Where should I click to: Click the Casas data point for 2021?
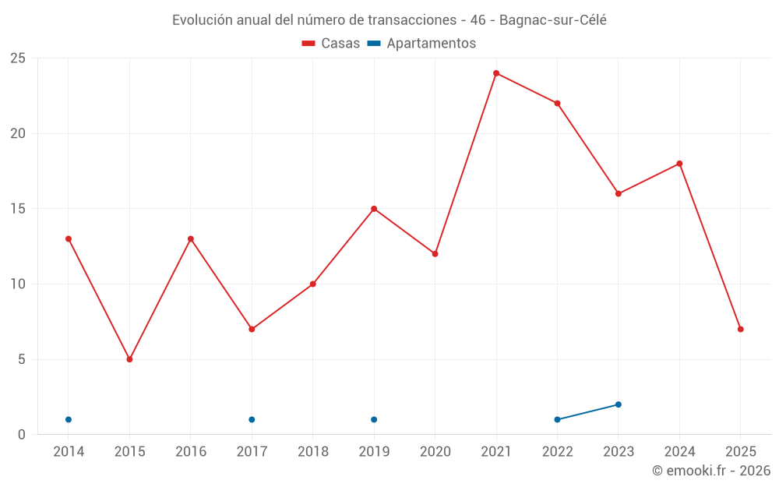496,73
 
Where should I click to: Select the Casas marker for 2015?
129,359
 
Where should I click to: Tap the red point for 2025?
741,329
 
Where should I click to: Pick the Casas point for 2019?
374,209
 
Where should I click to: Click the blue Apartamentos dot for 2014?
69,419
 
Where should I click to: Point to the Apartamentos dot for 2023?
619,404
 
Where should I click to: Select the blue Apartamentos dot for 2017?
252,419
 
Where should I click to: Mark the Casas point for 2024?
679,164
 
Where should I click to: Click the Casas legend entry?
331,44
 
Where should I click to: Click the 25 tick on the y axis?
18,58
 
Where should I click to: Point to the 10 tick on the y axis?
18,284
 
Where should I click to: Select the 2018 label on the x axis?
312,452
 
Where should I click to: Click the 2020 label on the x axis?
435,452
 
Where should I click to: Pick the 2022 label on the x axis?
557,452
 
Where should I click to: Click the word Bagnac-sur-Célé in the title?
552,20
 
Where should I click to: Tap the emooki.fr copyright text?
710,471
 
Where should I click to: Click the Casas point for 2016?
191,239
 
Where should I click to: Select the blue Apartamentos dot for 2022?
557,419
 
